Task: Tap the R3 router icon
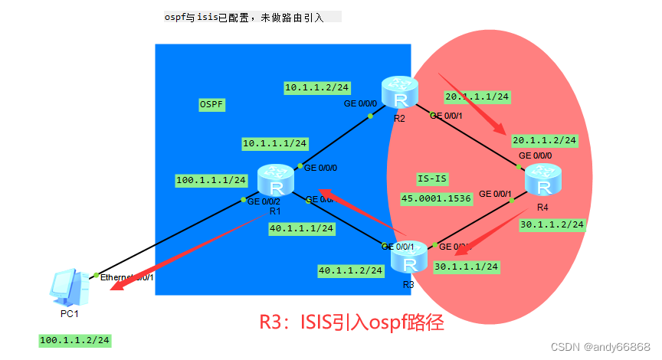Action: (408, 258)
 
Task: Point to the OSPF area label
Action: (212, 104)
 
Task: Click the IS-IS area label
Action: (432, 178)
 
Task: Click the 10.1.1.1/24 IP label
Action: (274, 143)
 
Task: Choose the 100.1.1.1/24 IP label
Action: (211, 180)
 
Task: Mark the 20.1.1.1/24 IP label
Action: (477, 97)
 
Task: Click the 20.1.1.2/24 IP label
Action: (544, 140)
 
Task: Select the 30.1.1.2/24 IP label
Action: (552, 224)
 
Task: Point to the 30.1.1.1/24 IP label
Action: (466, 266)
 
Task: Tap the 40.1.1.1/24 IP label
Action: (301, 227)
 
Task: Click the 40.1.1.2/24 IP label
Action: (350, 270)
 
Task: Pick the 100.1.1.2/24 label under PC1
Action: (74, 339)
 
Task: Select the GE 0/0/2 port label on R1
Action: (264, 202)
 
